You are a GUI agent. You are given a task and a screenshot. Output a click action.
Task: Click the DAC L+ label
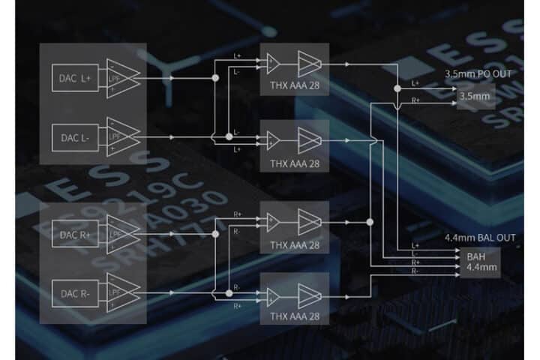[75, 76]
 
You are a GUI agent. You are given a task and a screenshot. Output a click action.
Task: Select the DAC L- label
[75, 137]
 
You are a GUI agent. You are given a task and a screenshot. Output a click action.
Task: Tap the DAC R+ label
[75, 235]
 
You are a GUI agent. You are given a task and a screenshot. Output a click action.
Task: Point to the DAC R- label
[75, 294]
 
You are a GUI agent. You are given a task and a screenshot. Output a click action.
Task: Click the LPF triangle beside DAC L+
[122, 76]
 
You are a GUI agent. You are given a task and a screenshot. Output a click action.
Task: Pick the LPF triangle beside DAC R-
[122, 294]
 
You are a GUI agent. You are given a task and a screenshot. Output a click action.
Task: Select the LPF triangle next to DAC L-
[122, 137]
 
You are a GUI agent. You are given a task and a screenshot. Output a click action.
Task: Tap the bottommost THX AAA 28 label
[294, 316]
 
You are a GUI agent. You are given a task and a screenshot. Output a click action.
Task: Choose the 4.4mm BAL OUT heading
[480, 237]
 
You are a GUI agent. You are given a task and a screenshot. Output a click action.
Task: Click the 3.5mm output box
[474, 97]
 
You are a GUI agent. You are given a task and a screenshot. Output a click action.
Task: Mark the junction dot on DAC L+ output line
[215, 76]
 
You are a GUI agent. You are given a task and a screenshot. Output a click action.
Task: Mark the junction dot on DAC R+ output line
[215, 235]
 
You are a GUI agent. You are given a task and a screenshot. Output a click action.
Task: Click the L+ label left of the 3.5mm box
[416, 83]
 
